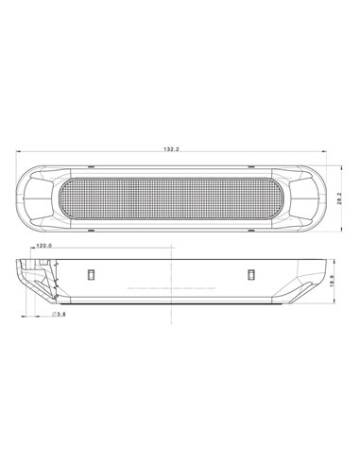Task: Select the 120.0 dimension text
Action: pos(43,246)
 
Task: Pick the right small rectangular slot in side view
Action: pos(252,274)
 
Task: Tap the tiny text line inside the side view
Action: pos(170,284)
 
